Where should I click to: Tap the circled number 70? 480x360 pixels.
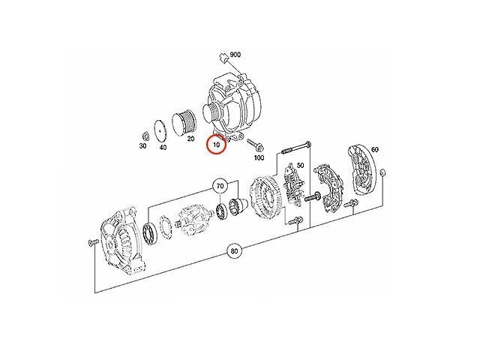[x=220, y=185]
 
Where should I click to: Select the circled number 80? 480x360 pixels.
[x=234, y=251]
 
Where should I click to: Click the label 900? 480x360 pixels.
[x=235, y=55]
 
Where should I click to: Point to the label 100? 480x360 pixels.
[x=259, y=157]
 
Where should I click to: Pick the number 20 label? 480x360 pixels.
[x=190, y=139]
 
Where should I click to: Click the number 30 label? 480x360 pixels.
[x=142, y=146]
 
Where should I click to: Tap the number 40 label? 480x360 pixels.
[x=163, y=148]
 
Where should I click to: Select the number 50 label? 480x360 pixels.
[x=301, y=165]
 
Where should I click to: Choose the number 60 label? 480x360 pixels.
[x=375, y=149]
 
